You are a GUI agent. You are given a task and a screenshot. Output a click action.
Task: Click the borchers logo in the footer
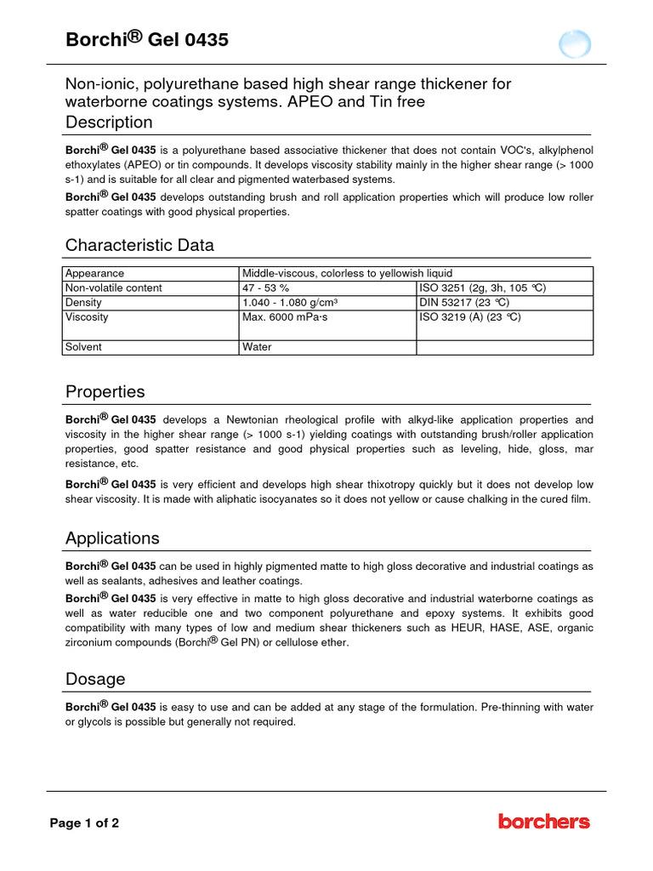543,822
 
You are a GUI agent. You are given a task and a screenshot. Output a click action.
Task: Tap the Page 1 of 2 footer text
84,823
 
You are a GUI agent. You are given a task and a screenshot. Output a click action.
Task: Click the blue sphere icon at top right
575,43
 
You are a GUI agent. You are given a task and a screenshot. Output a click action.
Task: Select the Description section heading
109,122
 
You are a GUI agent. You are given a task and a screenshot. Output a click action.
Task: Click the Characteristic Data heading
139,245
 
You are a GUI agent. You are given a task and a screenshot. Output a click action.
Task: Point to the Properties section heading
105,392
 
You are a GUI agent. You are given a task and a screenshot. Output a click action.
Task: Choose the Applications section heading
112,538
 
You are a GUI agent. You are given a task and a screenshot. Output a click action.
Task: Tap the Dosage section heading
95,679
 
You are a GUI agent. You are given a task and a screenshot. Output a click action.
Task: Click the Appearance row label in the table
95,273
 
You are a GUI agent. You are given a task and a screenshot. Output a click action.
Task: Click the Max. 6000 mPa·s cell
285,317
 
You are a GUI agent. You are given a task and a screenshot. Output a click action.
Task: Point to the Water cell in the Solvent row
257,347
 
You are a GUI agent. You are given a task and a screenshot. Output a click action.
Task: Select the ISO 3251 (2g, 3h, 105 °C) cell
482,288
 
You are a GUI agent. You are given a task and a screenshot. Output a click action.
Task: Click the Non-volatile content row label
114,288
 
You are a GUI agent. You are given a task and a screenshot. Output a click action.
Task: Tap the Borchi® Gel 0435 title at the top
147,39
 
